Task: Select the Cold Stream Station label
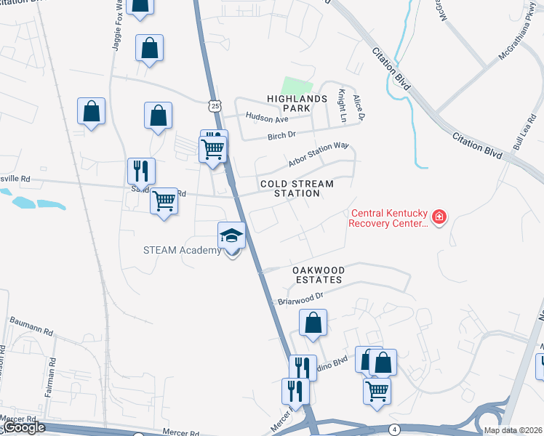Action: [297, 189]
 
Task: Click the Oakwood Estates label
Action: [317, 275]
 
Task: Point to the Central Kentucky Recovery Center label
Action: [388, 218]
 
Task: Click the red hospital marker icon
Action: [439, 217]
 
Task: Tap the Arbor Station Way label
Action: [318, 153]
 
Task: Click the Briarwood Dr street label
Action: [299, 297]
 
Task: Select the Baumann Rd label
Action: [31, 326]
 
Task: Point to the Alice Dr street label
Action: [357, 107]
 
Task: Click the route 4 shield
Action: [394, 429]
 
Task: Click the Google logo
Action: [23, 428]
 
